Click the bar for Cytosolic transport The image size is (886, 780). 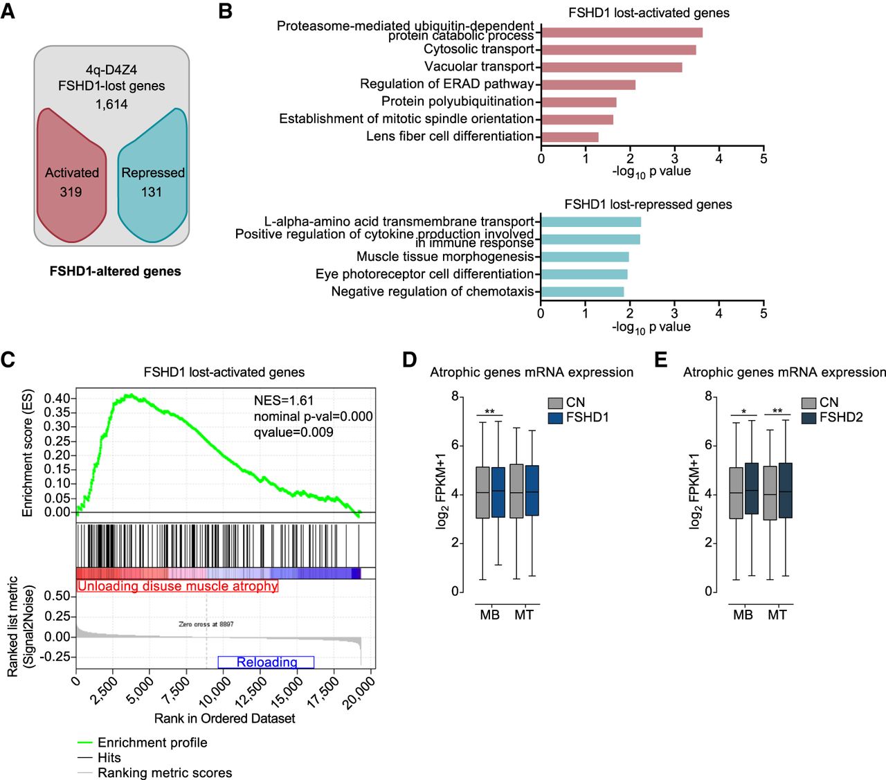619,50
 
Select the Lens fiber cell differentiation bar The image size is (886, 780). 570,137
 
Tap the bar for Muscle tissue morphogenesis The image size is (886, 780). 585,257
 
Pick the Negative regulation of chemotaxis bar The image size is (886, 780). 583,291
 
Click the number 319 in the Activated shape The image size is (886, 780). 71,192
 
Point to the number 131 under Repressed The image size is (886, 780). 152,192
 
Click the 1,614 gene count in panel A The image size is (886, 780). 111,105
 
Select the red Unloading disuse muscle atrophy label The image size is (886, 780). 178,586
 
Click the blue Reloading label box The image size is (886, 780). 266,662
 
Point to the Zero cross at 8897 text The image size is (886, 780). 206,624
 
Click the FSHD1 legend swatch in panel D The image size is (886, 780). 555,417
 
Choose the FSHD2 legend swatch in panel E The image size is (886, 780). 808,417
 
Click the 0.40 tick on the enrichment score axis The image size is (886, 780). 57,399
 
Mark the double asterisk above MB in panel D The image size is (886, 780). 489,411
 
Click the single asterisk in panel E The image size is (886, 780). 744,411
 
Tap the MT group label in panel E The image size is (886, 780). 777,615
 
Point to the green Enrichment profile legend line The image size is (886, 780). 85,743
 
